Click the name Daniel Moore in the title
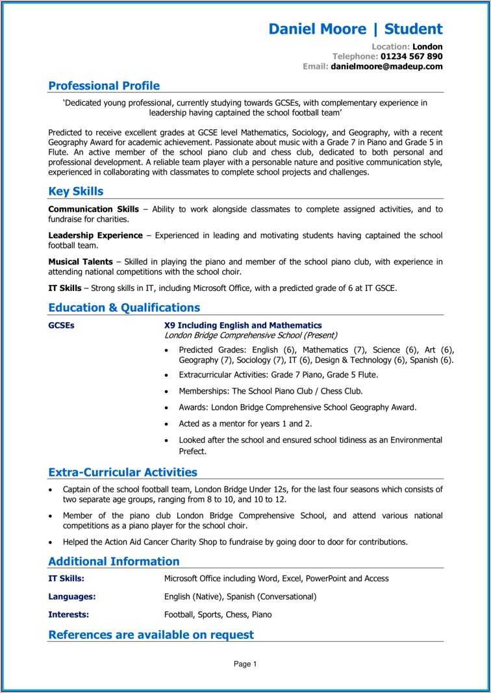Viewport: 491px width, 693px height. [317, 29]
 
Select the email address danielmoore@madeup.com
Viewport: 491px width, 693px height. [386, 66]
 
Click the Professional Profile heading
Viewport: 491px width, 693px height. [104, 86]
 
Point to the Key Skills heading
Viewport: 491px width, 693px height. [76, 192]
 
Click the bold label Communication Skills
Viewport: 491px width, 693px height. [94, 209]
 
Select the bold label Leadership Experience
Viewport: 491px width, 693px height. [95, 235]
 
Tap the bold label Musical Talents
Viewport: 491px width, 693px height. [81, 262]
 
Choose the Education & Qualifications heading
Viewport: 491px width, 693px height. [124, 308]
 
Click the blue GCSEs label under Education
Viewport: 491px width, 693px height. [61, 325]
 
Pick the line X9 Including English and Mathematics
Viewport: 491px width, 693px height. [243, 325]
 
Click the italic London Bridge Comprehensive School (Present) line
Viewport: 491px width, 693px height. [251, 335]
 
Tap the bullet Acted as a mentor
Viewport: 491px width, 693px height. [245, 423]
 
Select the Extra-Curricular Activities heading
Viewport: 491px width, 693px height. [123, 473]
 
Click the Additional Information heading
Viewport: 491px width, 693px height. [114, 562]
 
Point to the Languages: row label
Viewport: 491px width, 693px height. [72, 596]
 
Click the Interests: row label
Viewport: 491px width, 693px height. [69, 614]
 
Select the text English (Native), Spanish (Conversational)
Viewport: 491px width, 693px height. [240, 596]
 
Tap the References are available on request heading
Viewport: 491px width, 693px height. [151, 635]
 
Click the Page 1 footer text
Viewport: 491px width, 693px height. [245, 664]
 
